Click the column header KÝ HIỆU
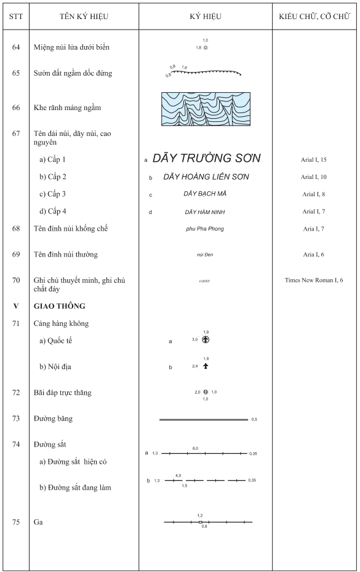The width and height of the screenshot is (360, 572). [x=206, y=16]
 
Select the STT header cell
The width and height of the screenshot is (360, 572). [x=16, y=16]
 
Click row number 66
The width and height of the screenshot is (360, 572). [x=16, y=108]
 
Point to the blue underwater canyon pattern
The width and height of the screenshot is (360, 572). [x=206, y=109]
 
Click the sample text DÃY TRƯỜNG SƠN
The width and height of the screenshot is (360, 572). [x=207, y=159]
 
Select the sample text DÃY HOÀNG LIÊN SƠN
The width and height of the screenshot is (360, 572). [x=206, y=177]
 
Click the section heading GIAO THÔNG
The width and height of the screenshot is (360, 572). [x=59, y=306]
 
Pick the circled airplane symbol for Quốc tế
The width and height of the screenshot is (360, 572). [x=206, y=339]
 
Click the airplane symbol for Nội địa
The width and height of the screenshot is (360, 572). [x=206, y=366]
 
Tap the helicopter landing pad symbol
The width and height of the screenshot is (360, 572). [x=206, y=392]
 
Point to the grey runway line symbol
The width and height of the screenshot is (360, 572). [x=204, y=419]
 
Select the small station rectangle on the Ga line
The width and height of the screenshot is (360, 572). [x=200, y=522]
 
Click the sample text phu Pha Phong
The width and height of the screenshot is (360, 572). [x=205, y=229]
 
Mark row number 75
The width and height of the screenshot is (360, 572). [x=16, y=522]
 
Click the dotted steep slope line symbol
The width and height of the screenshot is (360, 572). [x=205, y=72]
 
